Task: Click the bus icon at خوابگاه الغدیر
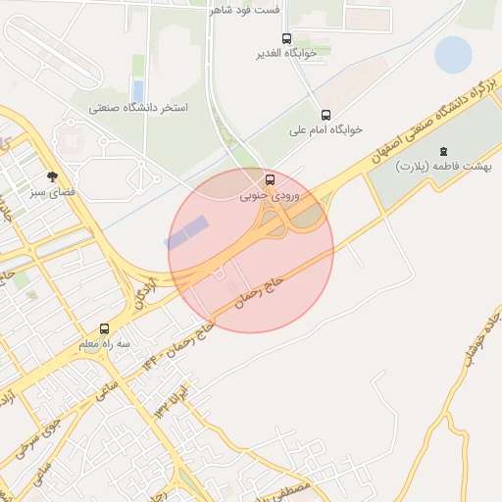[x=286, y=39]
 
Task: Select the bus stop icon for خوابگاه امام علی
[x=326, y=115]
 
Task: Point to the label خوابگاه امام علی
[x=326, y=129]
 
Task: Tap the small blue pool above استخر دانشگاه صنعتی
[x=137, y=91]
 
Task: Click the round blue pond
[x=453, y=55]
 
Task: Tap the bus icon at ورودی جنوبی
[x=271, y=179]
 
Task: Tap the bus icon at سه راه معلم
[x=105, y=329]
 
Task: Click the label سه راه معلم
[x=105, y=345]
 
